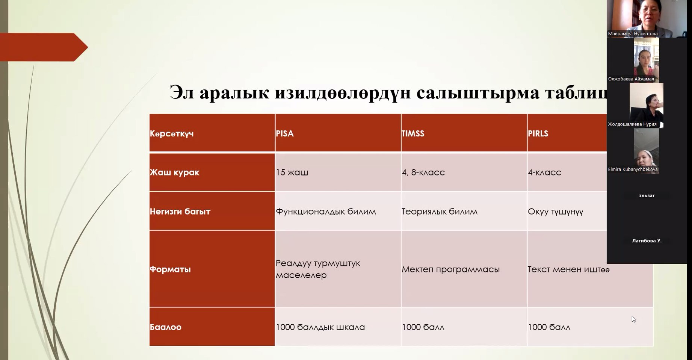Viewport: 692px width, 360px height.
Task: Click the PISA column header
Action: click(x=285, y=133)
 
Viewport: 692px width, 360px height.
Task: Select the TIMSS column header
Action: click(x=413, y=133)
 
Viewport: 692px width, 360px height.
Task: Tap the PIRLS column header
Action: click(x=538, y=133)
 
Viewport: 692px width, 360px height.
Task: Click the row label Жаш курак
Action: click(x=174, y=172)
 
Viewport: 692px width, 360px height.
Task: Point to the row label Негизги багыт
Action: click(x=180, y=211)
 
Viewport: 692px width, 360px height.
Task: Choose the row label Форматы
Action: click(x=170, y=269)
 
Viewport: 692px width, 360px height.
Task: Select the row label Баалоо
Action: click(x=166, y=327)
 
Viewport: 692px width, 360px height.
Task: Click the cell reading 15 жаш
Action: click(x=292, y=172)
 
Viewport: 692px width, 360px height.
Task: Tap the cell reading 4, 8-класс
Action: click(x=423, y=172)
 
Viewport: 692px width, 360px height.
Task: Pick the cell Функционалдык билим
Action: click(x=326, y=212)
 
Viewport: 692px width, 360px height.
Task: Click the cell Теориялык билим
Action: click(x=440, y=212)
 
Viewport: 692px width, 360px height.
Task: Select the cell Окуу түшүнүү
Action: click(x=555, y=212)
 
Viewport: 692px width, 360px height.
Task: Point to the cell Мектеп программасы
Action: click(x=450, y=269)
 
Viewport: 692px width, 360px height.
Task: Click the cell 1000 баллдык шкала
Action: click(x=320, y=327)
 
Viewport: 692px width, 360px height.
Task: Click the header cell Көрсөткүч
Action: click(x=172, y=134)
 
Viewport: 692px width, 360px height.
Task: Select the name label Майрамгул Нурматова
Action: click(x=633, y=34)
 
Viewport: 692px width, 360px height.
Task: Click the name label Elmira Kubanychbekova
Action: click(x=633, y=169)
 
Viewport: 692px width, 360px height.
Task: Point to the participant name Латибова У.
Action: click(x=647, y=241)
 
